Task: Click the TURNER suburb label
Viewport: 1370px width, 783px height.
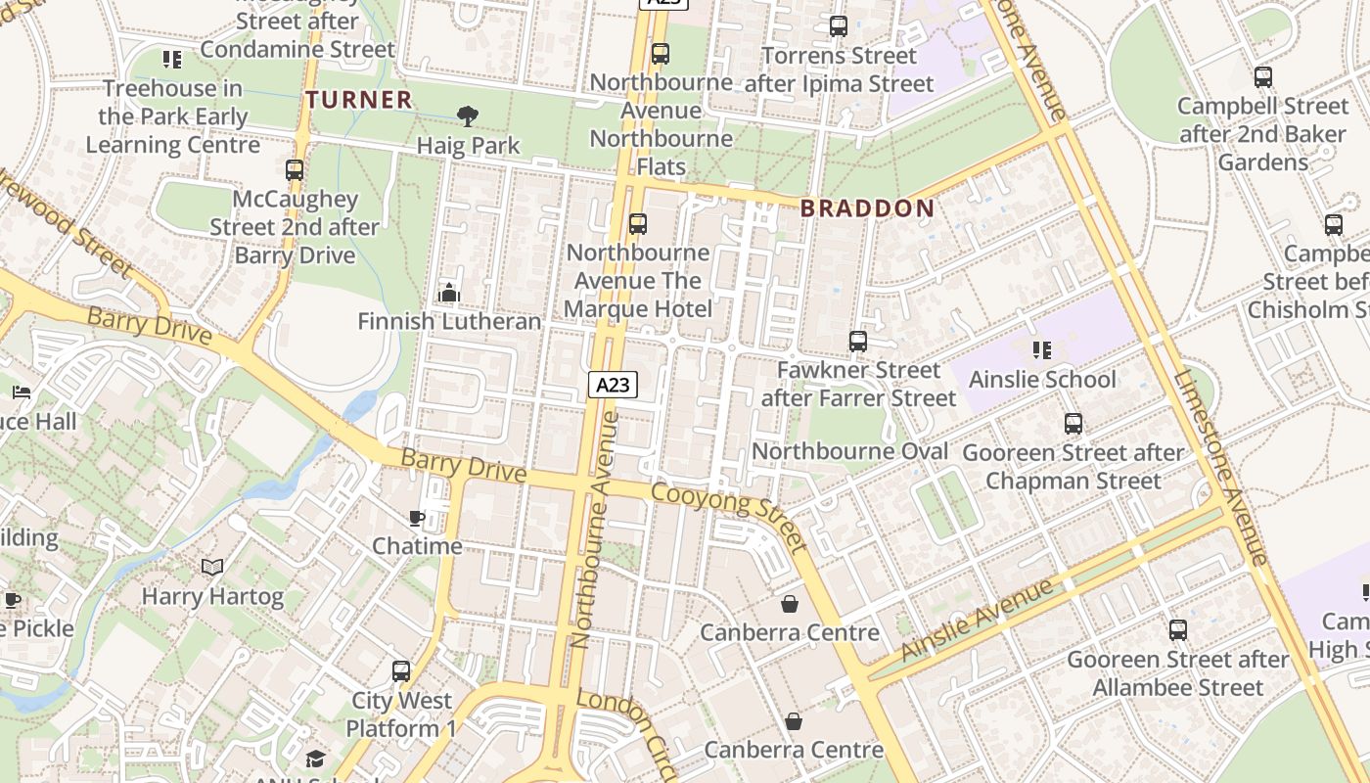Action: [x=358, y=99]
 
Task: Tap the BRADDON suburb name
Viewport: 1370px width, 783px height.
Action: [x=867, y=207]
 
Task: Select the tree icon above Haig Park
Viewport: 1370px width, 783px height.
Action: [x=468, y=116]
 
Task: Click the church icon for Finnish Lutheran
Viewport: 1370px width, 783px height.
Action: [x=449, y=292]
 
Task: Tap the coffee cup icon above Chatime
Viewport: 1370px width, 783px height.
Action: [x=417, y=518]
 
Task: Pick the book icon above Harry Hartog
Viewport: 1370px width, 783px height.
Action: [x=212, y=567]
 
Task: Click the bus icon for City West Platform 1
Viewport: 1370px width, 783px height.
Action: [x=401, y=671]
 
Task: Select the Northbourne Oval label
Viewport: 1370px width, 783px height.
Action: [x=849, y=451]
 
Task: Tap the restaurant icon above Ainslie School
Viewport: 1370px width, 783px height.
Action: [x=1042, y=349]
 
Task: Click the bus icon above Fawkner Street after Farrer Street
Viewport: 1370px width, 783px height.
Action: [x=858, y=342]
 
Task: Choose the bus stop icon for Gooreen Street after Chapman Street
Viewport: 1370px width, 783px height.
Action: [x=1073, y=424]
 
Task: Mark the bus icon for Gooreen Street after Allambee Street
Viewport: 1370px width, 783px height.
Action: [x=1178, y=630]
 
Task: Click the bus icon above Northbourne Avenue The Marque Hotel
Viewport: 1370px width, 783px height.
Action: [x=638, y=224]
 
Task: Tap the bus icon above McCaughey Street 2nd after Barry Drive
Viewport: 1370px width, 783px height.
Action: [x=295, y=170]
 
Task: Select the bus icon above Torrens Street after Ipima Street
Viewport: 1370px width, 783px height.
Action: [x=839, y=26]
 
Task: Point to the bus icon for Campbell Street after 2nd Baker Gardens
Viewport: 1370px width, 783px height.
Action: [x=1263, y=76]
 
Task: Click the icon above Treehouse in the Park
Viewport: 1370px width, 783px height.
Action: [x=172, y=60]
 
